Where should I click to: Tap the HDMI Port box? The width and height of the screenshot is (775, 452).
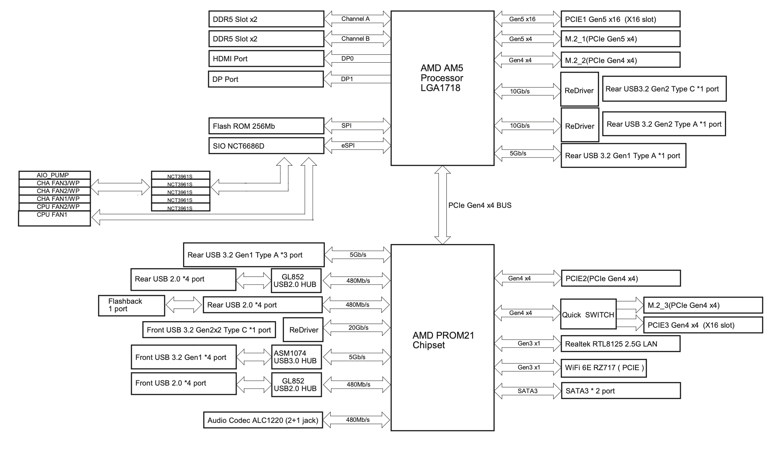tap(266, 59)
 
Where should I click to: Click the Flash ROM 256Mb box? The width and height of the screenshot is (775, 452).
tap(266, 126)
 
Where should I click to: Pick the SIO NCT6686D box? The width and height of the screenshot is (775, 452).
tap(266, 146)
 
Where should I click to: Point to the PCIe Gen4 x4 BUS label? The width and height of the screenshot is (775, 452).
tap(480, 205)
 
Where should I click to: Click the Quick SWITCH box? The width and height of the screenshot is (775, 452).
tap(588, 315)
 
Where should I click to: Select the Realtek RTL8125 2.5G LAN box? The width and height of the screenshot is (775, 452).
tap(620, 344)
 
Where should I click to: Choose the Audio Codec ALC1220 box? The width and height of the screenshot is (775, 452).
tap(263, 420)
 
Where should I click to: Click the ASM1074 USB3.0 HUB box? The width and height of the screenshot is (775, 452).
tap(296, 357)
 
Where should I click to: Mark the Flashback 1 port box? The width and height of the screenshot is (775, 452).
tap(131, 305)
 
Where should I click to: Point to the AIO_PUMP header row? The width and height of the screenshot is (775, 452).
tap(54, 175)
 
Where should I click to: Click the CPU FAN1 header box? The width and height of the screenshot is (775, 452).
tap(54, 218)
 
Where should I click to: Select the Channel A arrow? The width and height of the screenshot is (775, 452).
tap(357, 19)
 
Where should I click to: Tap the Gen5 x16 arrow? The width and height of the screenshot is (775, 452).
tap(527, 19)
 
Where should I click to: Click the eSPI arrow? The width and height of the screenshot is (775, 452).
tap(357, 146)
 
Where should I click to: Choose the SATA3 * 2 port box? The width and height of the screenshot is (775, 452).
tap(621, 391)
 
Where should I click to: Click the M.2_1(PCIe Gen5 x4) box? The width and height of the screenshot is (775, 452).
tap(620, 39)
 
